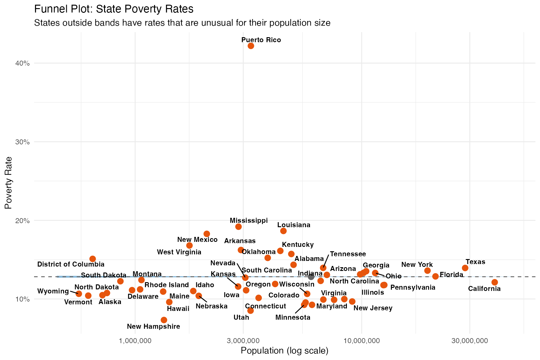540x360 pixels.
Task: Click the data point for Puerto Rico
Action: click(x=251, y=46)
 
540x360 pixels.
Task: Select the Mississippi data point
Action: click(x=238, y=227)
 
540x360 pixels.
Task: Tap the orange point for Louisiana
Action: click(x=283, y=231)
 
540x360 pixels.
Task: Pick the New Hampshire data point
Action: click(x=164, y=320)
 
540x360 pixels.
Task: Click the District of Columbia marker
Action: click(x=92, y=259)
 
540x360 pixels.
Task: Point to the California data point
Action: click(x=494, y=282)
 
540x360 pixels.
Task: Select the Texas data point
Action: click(x=465, y=268)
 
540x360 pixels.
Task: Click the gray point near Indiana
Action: click(x=311, y=277)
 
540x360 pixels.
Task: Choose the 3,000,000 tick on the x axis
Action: click(x=243, y=340)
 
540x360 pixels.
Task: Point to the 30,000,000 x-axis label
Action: click(x=469, y=340)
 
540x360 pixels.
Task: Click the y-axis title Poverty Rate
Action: click(x=8, y=182)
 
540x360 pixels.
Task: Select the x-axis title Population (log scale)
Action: click(x=284, y=351)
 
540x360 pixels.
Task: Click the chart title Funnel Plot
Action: click(x=114, y=9)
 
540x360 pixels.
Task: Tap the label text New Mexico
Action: click(x=197, y=240)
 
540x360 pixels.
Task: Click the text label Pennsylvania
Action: click(x=412, y=287)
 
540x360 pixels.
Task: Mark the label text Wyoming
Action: click(x=53, y=291)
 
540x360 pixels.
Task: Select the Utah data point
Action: click(x=250, y=310)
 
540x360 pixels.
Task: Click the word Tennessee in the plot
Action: click(x=348, y=254)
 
